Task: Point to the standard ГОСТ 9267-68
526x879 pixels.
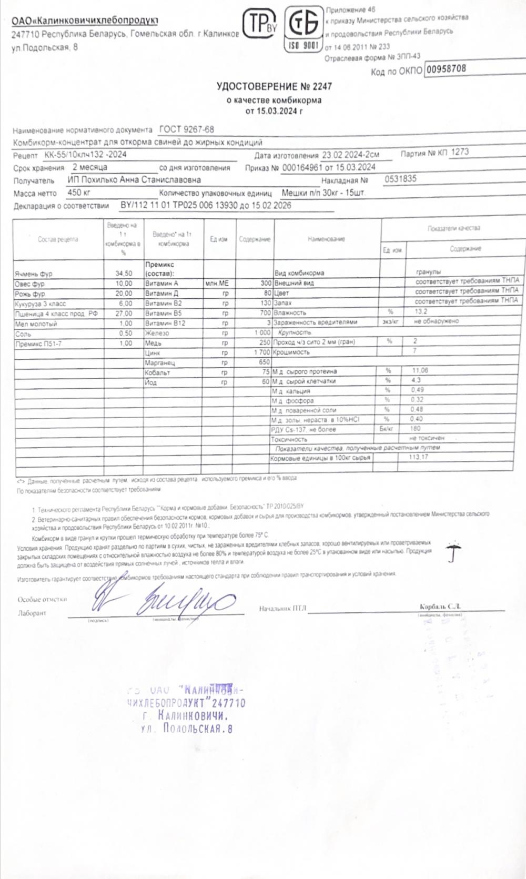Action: [186, 129]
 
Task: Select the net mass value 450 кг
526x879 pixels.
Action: [79, 193]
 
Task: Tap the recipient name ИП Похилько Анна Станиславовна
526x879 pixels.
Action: [134, 180]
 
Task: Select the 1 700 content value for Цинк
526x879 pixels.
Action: [261, 352]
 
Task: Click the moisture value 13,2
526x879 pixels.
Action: [421, 311]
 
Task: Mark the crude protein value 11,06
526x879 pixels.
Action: [421, 371]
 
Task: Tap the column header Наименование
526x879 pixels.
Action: [326, 239]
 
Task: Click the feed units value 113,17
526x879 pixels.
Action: [418, 457]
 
